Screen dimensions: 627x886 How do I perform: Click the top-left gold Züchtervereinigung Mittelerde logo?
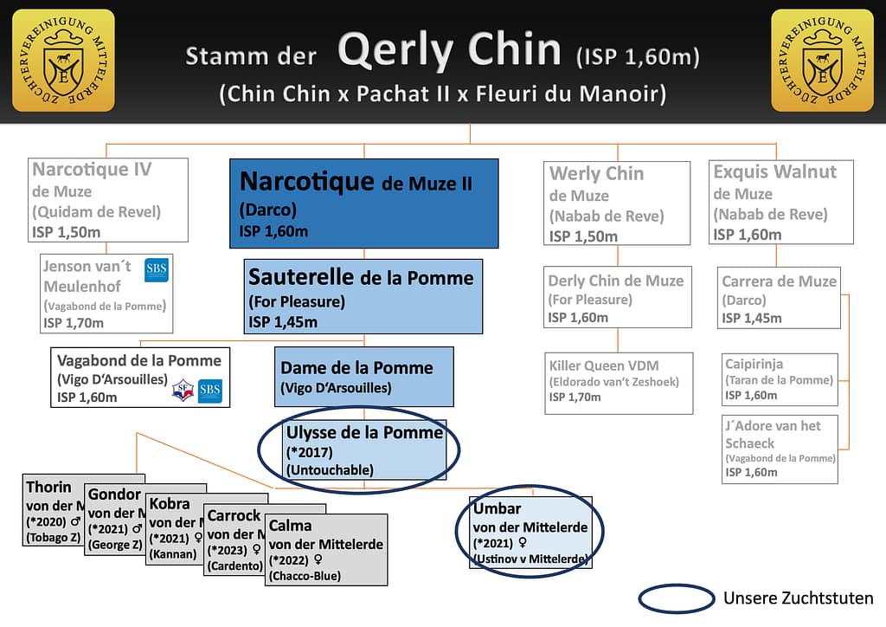[63, 60]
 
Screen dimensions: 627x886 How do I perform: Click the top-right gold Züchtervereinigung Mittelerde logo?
[822, 60]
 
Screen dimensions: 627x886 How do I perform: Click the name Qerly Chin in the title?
[450, 52]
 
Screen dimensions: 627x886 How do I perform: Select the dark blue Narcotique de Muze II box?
[363, 203]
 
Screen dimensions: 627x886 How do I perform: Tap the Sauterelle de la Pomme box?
[363, 296]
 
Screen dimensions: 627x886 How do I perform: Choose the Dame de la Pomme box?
[364, 376]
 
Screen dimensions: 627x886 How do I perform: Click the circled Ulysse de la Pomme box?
[364, 449]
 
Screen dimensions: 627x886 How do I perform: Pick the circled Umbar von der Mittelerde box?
[530, 530]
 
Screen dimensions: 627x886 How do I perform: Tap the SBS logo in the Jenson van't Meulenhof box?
[157, 270]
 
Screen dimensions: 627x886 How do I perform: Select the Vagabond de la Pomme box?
[140, 377]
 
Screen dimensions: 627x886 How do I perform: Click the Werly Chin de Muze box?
[618, 203]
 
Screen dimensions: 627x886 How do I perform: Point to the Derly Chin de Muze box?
[618, 296]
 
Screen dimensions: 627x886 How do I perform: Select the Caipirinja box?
[780, 378]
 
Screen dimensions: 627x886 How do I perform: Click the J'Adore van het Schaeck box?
[780, 448]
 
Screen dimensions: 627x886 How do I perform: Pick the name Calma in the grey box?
[291, 526]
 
